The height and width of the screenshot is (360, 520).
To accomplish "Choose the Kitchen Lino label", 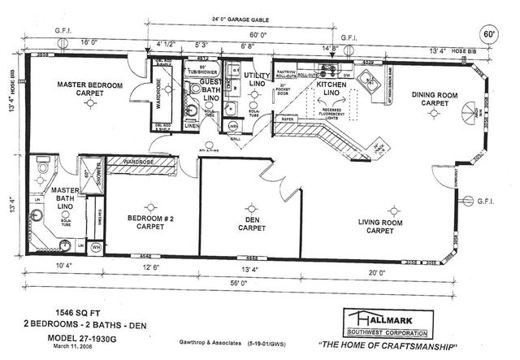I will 331,89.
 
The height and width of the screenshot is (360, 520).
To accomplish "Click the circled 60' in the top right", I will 489,36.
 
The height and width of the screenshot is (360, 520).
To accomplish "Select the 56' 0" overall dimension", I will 237,284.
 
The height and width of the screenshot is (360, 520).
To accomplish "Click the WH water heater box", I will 96,246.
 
